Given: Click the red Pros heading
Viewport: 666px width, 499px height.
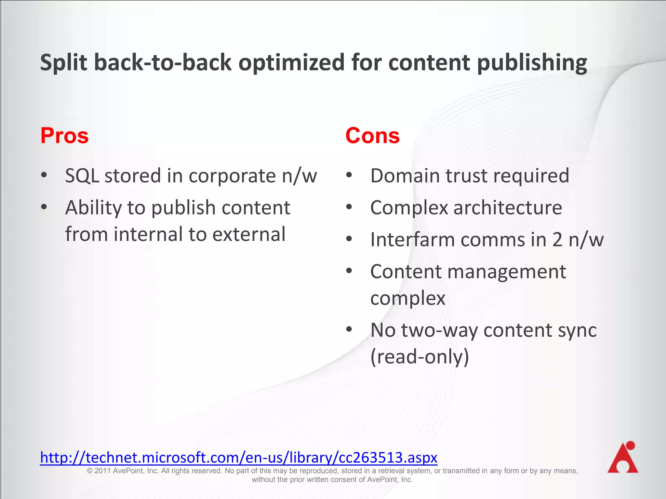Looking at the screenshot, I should tap(64, 136).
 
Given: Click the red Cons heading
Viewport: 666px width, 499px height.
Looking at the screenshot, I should tap(372, 136).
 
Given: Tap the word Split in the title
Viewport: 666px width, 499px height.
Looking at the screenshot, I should tap(64, 63).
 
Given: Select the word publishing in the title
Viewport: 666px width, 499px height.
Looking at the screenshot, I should tap(532, 63).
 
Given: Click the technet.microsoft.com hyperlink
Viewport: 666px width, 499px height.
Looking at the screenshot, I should tap(239, 457).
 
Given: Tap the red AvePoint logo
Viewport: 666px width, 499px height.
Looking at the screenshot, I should tap(623, 457).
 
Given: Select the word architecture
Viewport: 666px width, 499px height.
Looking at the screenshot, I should tap(508, 208).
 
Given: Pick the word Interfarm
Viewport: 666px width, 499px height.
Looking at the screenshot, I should tap(413, 240).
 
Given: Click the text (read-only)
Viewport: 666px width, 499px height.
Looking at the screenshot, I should tap(420, 357).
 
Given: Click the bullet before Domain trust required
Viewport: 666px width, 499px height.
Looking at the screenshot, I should tap(349, 175).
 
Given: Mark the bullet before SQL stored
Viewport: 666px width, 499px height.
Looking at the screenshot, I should tap(44, 175).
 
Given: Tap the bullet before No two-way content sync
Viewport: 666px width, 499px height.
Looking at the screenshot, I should tap(349, 329).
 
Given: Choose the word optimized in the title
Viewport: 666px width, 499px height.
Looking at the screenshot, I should tap(291, 63).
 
